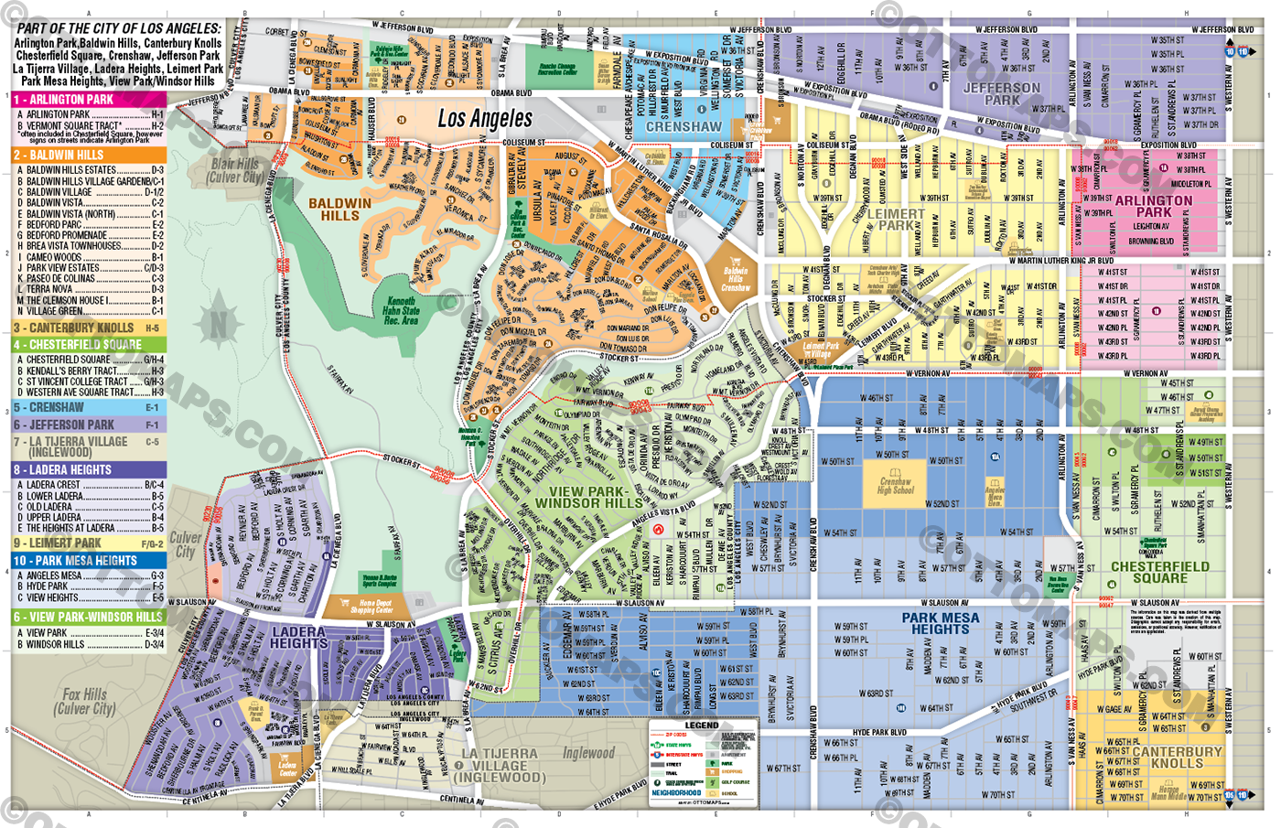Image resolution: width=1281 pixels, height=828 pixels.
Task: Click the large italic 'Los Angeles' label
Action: point(484,118)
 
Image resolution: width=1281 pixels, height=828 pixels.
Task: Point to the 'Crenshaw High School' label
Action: point(895,486)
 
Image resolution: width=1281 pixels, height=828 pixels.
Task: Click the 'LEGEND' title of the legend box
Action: point(702,725)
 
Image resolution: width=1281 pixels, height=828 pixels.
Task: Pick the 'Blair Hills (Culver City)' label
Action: point(235,170)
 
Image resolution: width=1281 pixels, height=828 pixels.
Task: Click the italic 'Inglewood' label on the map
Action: point(588,753)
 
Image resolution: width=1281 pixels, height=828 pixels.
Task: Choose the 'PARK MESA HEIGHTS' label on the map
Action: point(940,623)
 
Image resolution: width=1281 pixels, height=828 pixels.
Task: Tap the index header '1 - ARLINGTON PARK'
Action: point(89,99)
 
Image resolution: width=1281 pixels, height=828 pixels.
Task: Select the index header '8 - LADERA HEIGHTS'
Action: point(89,469)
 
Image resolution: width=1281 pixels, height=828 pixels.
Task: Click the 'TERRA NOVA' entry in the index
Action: point(49,289)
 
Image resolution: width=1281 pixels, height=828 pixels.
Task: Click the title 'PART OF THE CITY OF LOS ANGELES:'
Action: point(119,28)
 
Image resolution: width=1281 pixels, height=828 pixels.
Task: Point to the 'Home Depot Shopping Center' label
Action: point(375,607)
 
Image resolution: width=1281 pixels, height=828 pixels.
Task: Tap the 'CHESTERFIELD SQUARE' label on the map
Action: point(1159,572)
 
